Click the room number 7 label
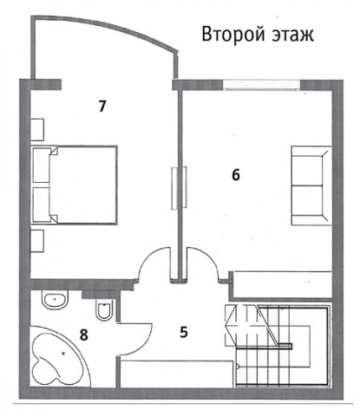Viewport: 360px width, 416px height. [102, 107]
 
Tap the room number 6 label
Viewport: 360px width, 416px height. [236, 175]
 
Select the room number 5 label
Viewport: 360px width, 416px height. [184, 332]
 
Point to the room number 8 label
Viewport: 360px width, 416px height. [84, 335]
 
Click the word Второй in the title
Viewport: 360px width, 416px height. [233, 35]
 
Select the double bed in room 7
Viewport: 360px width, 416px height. [75, 185]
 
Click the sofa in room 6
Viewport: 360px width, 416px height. [311, 185]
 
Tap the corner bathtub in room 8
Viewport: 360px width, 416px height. [59, 357]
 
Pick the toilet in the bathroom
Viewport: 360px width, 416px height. [104, 310]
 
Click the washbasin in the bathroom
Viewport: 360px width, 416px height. [56, 299]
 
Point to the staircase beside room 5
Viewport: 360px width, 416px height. [278, 345]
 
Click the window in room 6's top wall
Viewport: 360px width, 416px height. [262, 85]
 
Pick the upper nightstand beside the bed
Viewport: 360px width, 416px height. [37, 129]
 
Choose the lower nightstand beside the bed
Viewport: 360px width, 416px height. [37, 241]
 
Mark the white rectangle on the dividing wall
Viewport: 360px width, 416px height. [179, 188]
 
